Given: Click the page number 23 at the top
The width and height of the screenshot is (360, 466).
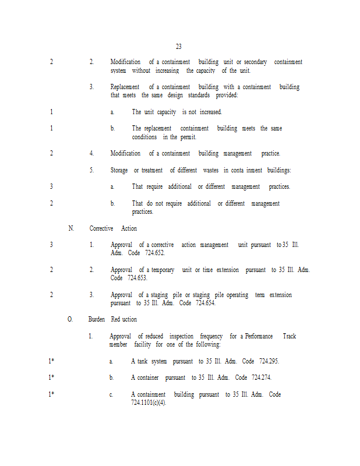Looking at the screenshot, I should tap(178, 47).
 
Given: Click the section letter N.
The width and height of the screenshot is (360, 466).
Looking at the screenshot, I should tap(71, 228).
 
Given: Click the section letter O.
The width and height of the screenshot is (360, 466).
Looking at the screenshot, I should tap(70, 319).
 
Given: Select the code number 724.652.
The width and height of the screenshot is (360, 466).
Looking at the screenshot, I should tap(154, 253).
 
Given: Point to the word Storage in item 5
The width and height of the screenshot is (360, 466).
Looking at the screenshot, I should tap(119, 170).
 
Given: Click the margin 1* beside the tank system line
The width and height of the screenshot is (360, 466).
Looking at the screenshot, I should tap(51, 361).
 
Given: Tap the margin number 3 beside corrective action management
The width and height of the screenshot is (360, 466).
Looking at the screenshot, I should tap(51, 245).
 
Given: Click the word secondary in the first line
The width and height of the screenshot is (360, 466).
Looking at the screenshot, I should tap(255, 62).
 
